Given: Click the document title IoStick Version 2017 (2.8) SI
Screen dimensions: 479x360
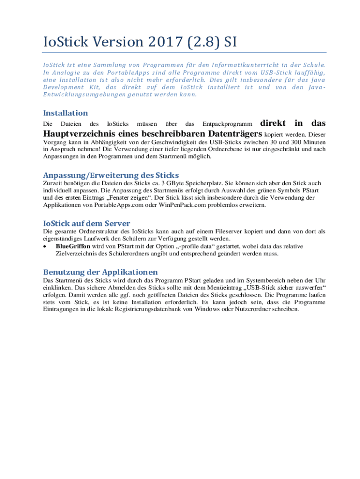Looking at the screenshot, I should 140,42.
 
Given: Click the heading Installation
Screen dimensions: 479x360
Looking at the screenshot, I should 65,113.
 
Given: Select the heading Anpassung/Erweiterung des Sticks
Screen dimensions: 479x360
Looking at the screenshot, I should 111,175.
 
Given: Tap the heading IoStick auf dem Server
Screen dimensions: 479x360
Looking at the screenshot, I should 86,223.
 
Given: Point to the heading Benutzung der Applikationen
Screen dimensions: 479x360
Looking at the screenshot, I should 101,272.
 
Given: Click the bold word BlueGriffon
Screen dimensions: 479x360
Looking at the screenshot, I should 73,246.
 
